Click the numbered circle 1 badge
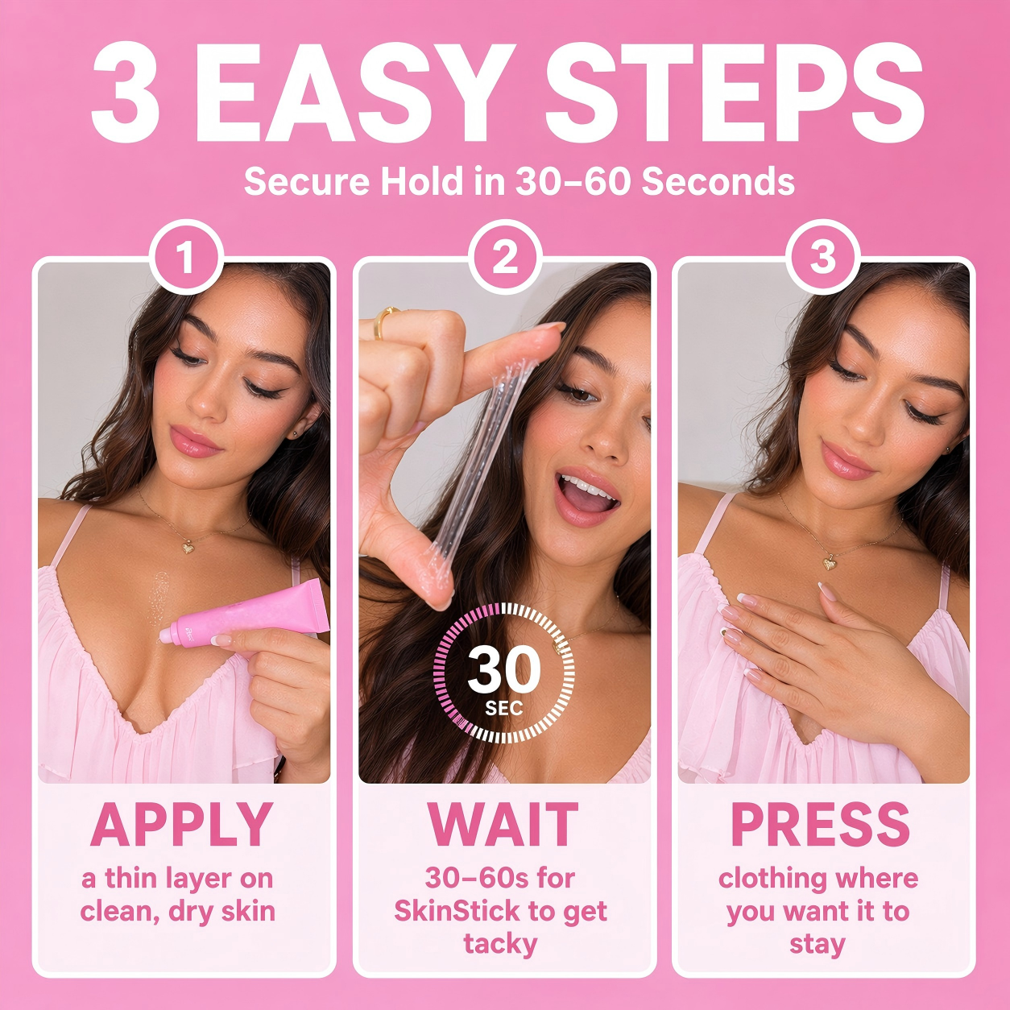(x=186, y=258)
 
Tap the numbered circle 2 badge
(x=505, y=258)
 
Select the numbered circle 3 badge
(x=823, y=258)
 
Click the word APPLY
(x=182, y=825)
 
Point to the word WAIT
(x=503, y=825)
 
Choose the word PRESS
(x=820, y=825)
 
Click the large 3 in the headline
(x=126, y=93)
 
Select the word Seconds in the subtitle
(x=718, y=182)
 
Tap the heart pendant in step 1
(x=188, y=548)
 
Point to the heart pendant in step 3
(x=829, y=564)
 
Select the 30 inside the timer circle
(x=503, y=671)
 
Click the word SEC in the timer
(x=503, y=709)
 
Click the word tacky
(x=500, y=945)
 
